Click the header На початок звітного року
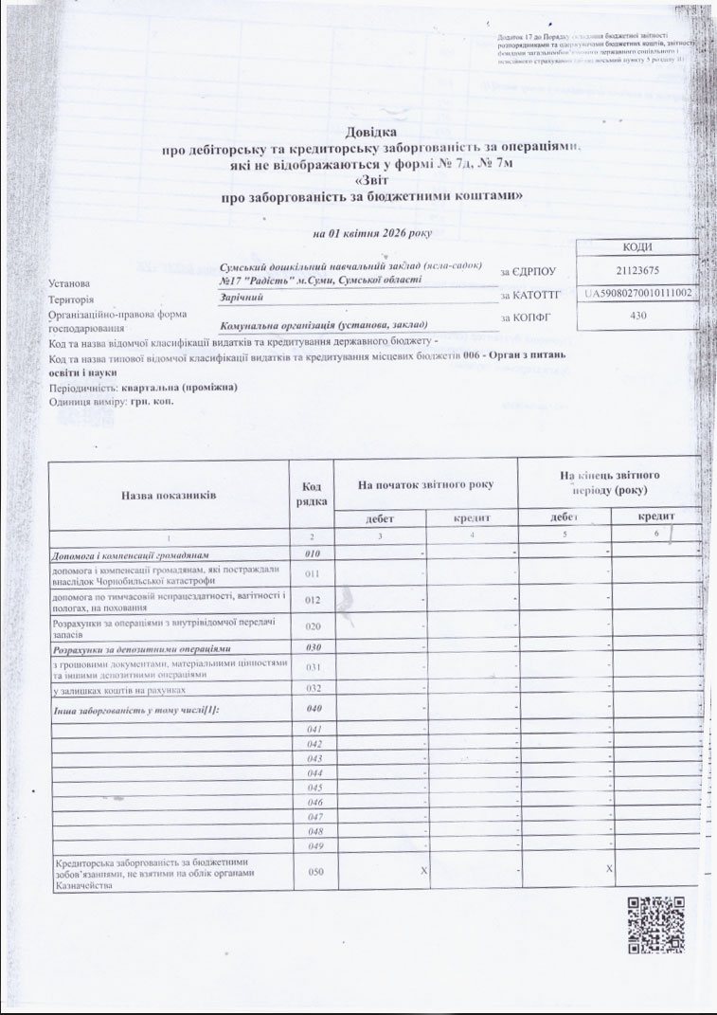tap(425, 485)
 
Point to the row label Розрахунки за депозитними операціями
tap(141, 648)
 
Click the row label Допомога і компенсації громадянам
tap(130, 553)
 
